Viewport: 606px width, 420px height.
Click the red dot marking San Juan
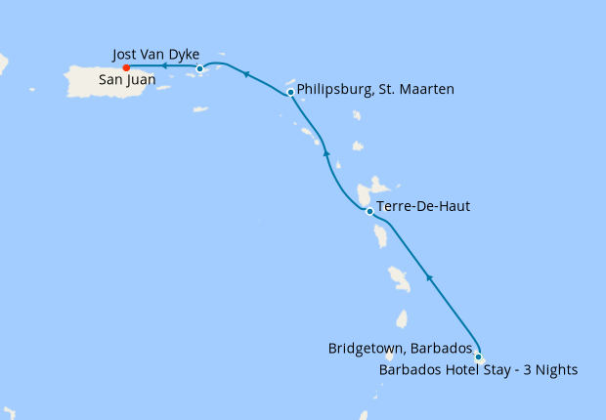pyautogui.click(x=126, y=67)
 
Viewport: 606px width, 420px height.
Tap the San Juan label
pyautogui.click(x=124, y=82)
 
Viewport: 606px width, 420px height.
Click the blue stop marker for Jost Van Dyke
pyautogui.click(x=199, y=68)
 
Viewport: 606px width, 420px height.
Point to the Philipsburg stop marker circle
pyautogui.click(x=291, y=93)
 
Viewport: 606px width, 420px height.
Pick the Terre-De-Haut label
pyautogui.click(x=422, y=206)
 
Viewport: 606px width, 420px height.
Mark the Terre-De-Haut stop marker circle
pyautogui.click(x=369, y=211)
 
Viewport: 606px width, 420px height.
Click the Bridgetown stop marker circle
pyautogui.click(x=478, y=357)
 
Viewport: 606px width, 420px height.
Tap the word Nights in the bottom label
pyautogui.click(x=555, y=369)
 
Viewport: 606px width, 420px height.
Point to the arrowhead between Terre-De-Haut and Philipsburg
pyautogui.click(x=326, y=152)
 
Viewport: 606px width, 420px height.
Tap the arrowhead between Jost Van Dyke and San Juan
pyautogui.click(x=163, y=67)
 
